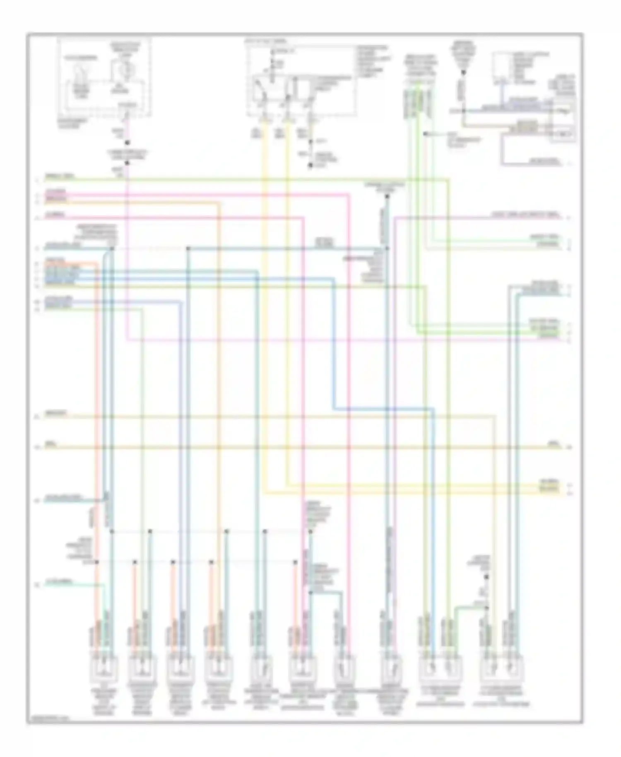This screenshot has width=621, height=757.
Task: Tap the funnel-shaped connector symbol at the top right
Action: click(463, 58)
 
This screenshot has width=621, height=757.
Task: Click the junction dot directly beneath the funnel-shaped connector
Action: click(463, 73)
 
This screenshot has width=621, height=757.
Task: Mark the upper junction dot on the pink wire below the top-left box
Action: click(127, 143)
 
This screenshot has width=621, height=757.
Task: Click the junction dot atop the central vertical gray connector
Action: click(387, 196)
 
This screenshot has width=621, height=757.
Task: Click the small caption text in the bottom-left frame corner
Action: click(48, 719)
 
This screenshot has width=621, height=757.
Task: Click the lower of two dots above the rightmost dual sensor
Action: click(487, 608)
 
